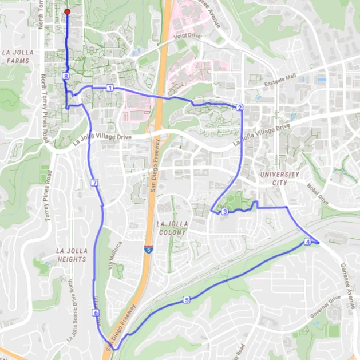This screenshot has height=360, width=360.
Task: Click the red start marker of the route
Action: point(67,12)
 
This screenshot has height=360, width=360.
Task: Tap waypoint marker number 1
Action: point(109,88)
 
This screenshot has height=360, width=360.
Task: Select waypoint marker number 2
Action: point(239,107)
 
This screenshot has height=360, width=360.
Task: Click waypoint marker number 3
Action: point(225,212)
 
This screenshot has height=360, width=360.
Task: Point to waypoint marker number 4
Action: point(308,242)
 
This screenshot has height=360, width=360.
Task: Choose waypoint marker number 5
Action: point(187,299)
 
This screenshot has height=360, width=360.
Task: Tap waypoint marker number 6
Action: point(96,313)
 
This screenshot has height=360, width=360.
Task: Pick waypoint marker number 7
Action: point(94,183)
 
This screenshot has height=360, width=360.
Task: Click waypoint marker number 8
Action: point(66,76)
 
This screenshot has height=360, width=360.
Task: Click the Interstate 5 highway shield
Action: point(148,250)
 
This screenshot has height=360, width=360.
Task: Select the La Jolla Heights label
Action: point(72,255)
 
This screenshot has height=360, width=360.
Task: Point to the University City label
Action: point(279,178)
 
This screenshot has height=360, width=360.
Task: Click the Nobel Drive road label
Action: point(318,199)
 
